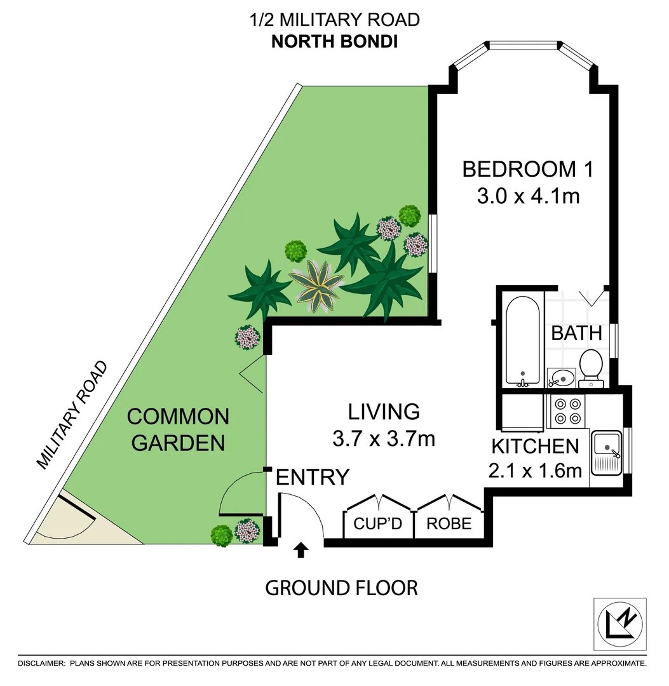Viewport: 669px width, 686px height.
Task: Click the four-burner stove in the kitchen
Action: (x=568, y=410)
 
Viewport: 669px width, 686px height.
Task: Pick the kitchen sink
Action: (x=607, y=454)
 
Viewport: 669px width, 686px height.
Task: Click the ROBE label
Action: (x=449, y=523)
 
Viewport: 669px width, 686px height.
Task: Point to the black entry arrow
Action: (x=301, y=550)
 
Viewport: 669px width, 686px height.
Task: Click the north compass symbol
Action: (x=620, y=624)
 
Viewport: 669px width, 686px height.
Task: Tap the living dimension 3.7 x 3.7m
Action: (x=383, y=438)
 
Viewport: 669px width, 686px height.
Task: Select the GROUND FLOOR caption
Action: (x=341, y=588)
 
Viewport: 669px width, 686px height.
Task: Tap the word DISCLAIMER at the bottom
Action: (x=41, y=663)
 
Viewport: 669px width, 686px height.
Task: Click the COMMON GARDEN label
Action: (x=178, y=429)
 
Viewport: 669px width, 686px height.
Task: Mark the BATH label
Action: (x=576, y=333)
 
